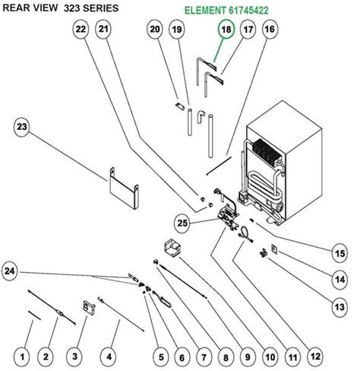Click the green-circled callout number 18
[x=226, y=30]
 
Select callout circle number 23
[x=22, y=127]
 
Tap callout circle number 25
[x=182, y=223]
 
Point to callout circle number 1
[x=22, y=357]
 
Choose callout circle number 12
[x=315, y=357]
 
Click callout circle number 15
[x=339, y=254]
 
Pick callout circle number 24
[x=10, y=271]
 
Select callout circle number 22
[x=81, y=30]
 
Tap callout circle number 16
[x=270, y=30]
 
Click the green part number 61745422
[x=248, y=11]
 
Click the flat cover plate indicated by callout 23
[x=124, y=189]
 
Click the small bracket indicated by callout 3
[x=89, y=307]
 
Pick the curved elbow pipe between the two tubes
[x=201, y=117]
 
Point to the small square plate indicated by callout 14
[x=274, y=249]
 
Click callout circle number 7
[x=204, y=357]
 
